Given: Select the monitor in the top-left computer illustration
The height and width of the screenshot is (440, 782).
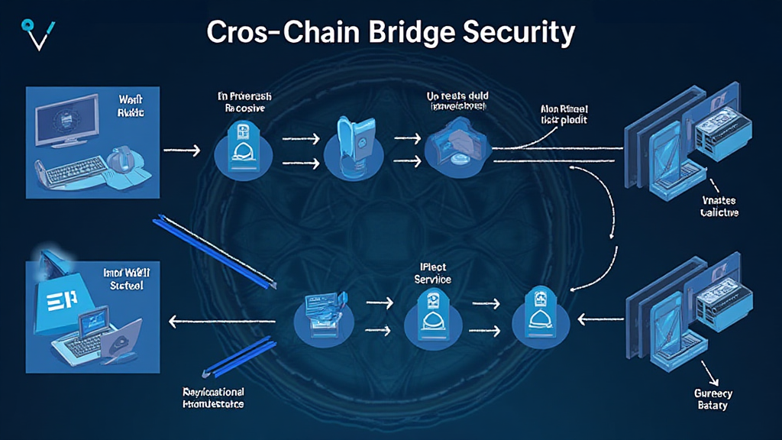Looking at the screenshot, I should (67, 121).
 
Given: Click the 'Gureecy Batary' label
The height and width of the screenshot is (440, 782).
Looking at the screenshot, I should (713, 399).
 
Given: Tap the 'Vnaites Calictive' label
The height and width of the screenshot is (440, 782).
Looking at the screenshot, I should (719, 207).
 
